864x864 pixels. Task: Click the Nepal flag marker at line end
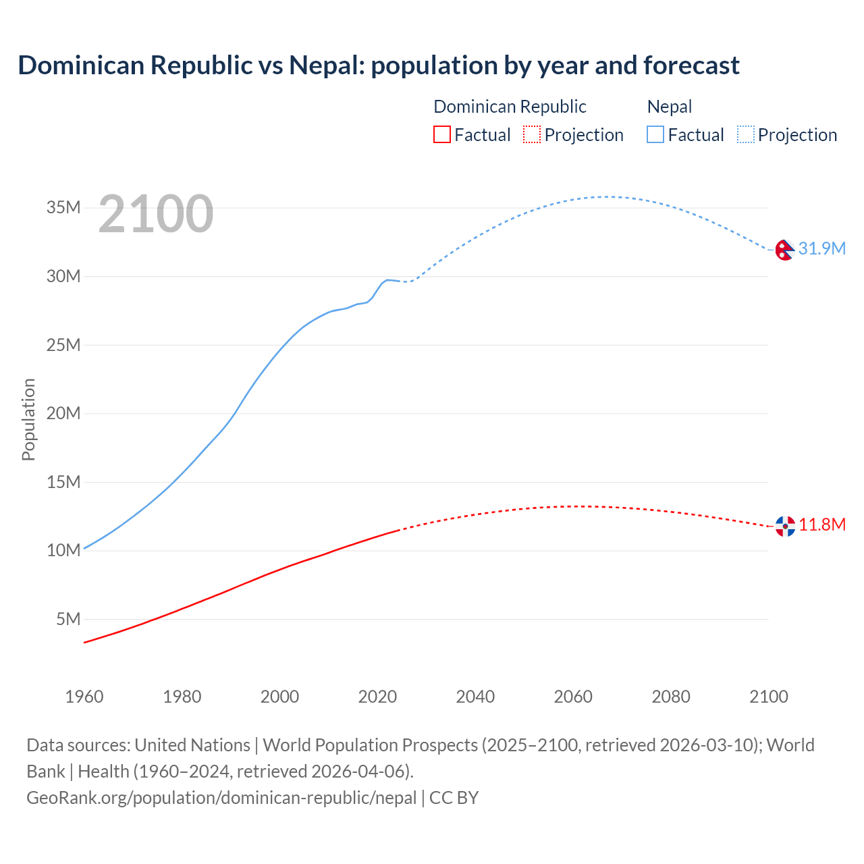[784, 250]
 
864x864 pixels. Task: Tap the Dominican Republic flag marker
[785, 526]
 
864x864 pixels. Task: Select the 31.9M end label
[821, 248]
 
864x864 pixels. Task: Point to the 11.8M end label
[822, 524]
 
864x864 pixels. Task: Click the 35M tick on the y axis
[63, 207]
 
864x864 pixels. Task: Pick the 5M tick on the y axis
[68, 619]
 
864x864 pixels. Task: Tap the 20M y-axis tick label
[63, 413]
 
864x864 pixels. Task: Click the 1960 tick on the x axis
[84, 697]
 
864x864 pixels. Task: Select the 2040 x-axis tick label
[475, 697]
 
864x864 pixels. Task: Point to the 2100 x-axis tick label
[768, 697]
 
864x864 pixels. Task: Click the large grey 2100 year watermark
[156, 214]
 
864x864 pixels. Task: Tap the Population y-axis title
[28, 419]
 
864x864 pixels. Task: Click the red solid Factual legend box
[441, 134]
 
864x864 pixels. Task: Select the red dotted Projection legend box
[532, 134]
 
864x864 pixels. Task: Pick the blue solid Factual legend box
[655, 134]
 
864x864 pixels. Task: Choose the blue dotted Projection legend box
[746, 134]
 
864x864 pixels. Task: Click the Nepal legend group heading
[670, 107]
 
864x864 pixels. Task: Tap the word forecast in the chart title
[691, 65]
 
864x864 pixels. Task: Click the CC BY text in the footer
[454, 797]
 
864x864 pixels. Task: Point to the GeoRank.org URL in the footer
[221, 797]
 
